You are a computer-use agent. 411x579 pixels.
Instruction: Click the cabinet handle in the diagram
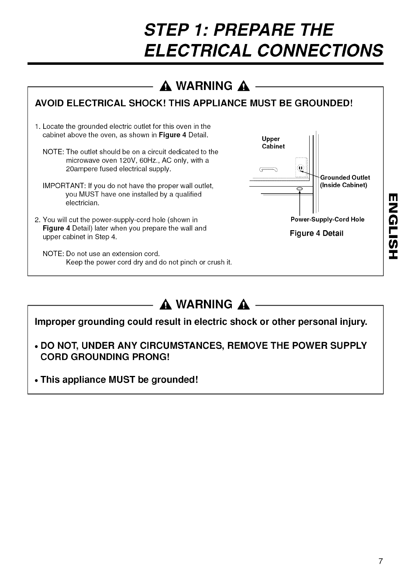tap(269, 169)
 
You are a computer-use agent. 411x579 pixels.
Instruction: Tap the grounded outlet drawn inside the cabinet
tap(301, 169)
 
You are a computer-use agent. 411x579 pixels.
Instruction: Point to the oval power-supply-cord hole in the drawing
tap(299, 189)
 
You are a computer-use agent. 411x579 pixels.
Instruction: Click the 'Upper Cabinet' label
tap(273, 143)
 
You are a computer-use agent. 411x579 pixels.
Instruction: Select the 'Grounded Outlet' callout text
tap(345, 178)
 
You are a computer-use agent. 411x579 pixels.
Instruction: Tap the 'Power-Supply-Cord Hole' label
tap(327, 220)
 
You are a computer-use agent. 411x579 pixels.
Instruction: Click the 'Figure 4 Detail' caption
tap(317, 233)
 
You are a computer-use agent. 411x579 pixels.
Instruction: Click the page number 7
tap(380, 561)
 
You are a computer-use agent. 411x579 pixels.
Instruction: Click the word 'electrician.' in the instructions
tap(82, 203)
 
